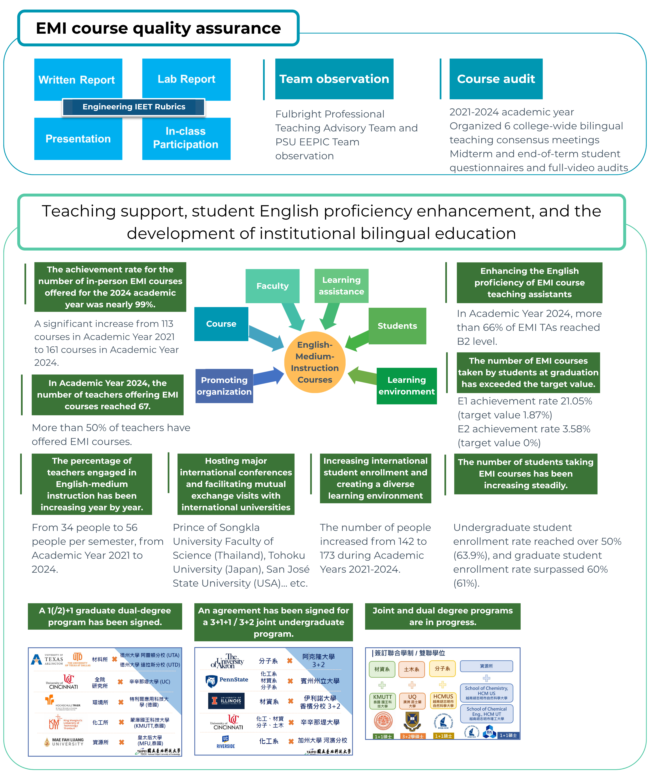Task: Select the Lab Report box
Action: click(x=186, y=79)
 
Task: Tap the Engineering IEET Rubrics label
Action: click(x=134, y=107)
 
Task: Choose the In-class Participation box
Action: click(x=186, y=138)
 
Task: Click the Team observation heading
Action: click(x=334, y=79)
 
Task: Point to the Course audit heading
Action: click(x=496, y=79)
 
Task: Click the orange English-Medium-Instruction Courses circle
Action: click(x=315, y=362)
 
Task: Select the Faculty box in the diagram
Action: click(x=272, y=286)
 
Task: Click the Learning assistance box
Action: click(x=341, y=286)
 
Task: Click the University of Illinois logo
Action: click(x=226, y=701)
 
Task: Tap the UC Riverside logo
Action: click(x=226, y=742)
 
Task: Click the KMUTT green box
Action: click(x=383, y=701)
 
